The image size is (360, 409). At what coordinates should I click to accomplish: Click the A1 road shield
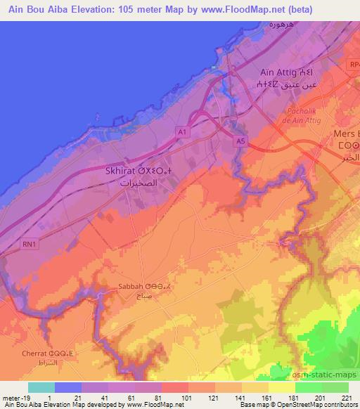click(x=182, y=131)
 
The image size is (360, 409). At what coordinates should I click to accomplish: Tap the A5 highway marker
click(x=241, y=141)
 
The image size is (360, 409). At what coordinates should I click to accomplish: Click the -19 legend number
click(x=27, y=398)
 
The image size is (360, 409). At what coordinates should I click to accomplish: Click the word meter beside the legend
click(x=11, y=398)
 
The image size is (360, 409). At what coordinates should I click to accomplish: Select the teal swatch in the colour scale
click(x=41, y=387)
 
